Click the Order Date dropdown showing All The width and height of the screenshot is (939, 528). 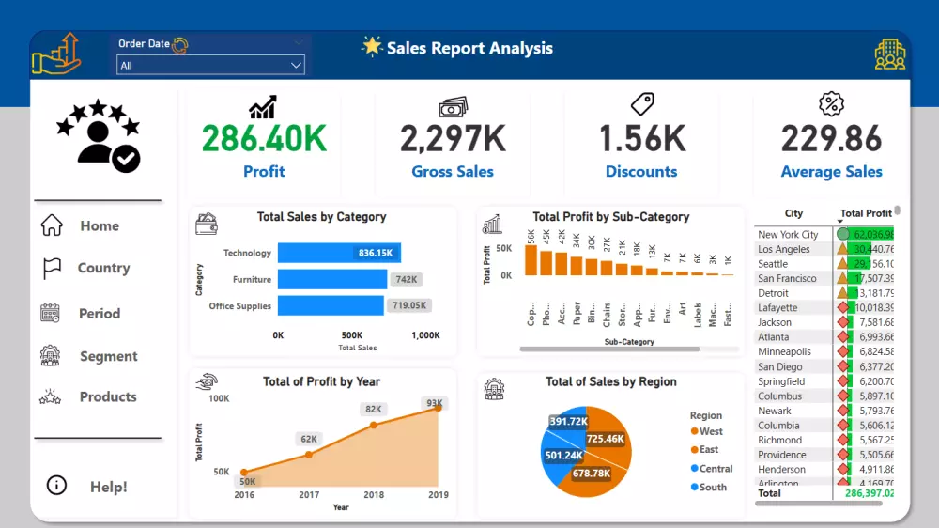(x=210, y=65)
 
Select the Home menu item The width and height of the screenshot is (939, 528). (x=99, y=225)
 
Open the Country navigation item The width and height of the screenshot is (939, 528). (x=103, y=268)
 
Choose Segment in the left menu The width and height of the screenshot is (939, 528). (x=108, y=356)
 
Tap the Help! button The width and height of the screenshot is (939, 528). (x=108, y=487)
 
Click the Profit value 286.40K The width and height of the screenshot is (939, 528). (x=264, y=139)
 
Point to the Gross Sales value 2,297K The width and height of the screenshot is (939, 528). (x=453, y=139)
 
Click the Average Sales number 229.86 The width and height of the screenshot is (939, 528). (x=831, y=139)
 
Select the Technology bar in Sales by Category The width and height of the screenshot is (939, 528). (x=339, y=253)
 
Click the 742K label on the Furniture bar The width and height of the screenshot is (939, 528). (x=407, y=279)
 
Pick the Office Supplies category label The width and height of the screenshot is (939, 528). (x=239, y=305)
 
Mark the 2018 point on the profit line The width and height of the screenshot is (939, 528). (x=374, y=425)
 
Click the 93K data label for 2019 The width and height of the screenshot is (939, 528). (x=435, y=403)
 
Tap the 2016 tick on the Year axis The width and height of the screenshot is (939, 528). (x=244, y=494)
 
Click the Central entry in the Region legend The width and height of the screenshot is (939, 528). (x=716, y=468)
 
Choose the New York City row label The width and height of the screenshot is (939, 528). (x=788, y=235)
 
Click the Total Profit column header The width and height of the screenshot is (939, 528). (x=866, y=213)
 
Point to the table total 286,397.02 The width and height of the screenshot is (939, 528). (x=869, y=492)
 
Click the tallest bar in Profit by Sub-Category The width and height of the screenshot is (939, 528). (x=531, y=259)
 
